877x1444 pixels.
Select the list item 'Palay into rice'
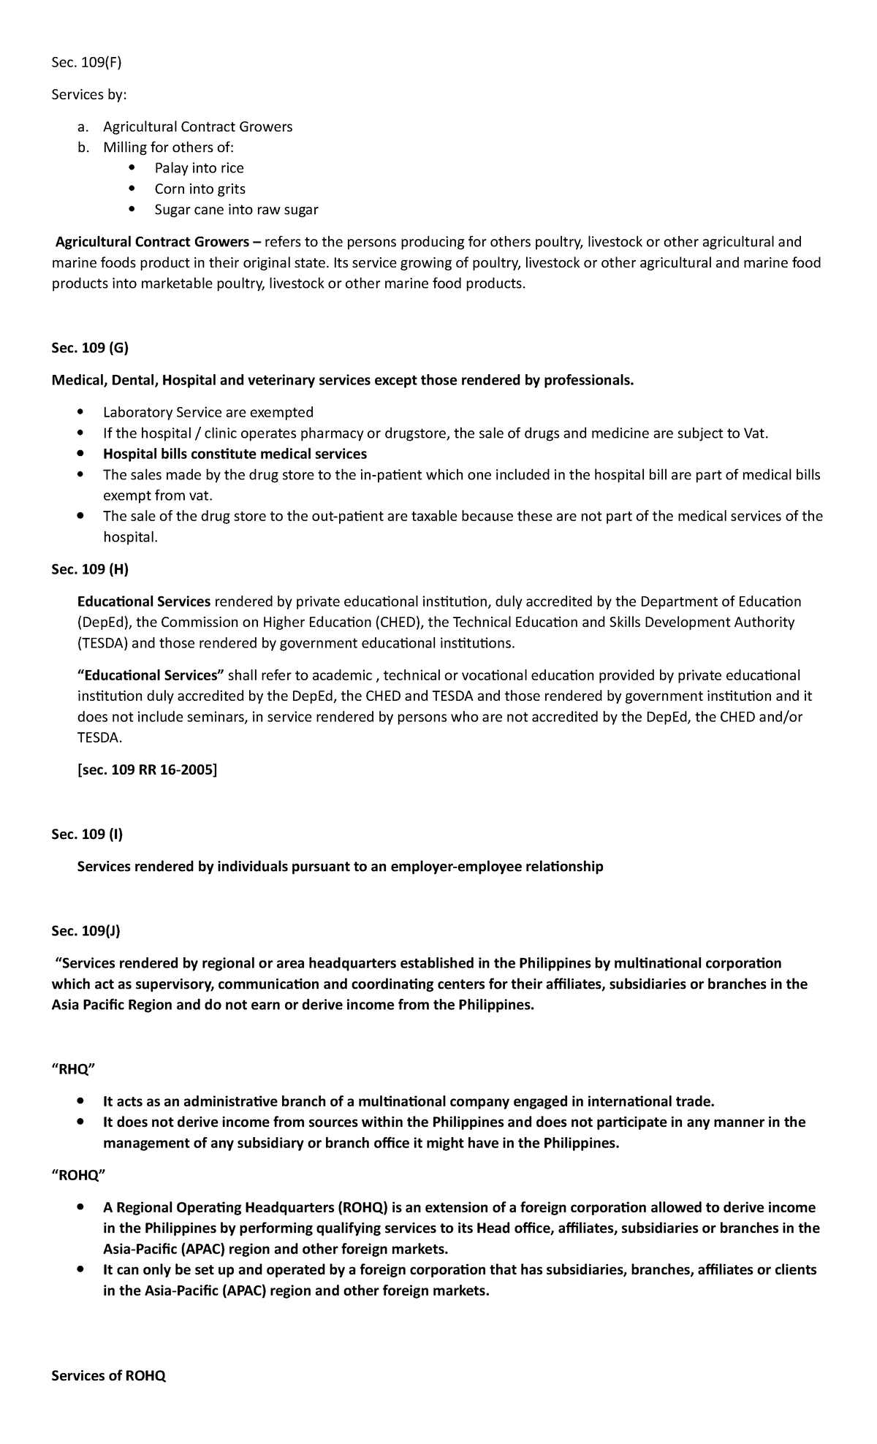(x=199, y=168)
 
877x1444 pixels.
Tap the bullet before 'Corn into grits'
(x=132, y=189)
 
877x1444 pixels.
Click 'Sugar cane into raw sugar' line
(x=236, y=210)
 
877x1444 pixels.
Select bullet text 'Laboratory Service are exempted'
(x=208, y=412)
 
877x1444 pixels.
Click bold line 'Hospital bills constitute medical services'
(x=235, y=454)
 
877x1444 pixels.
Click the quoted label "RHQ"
(x=73, y=1069)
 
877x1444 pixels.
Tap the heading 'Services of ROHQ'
(x=108, y=1376)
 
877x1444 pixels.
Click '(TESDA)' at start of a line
(x=102, y=644)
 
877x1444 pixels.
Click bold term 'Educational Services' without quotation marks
(x=144, y=601)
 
